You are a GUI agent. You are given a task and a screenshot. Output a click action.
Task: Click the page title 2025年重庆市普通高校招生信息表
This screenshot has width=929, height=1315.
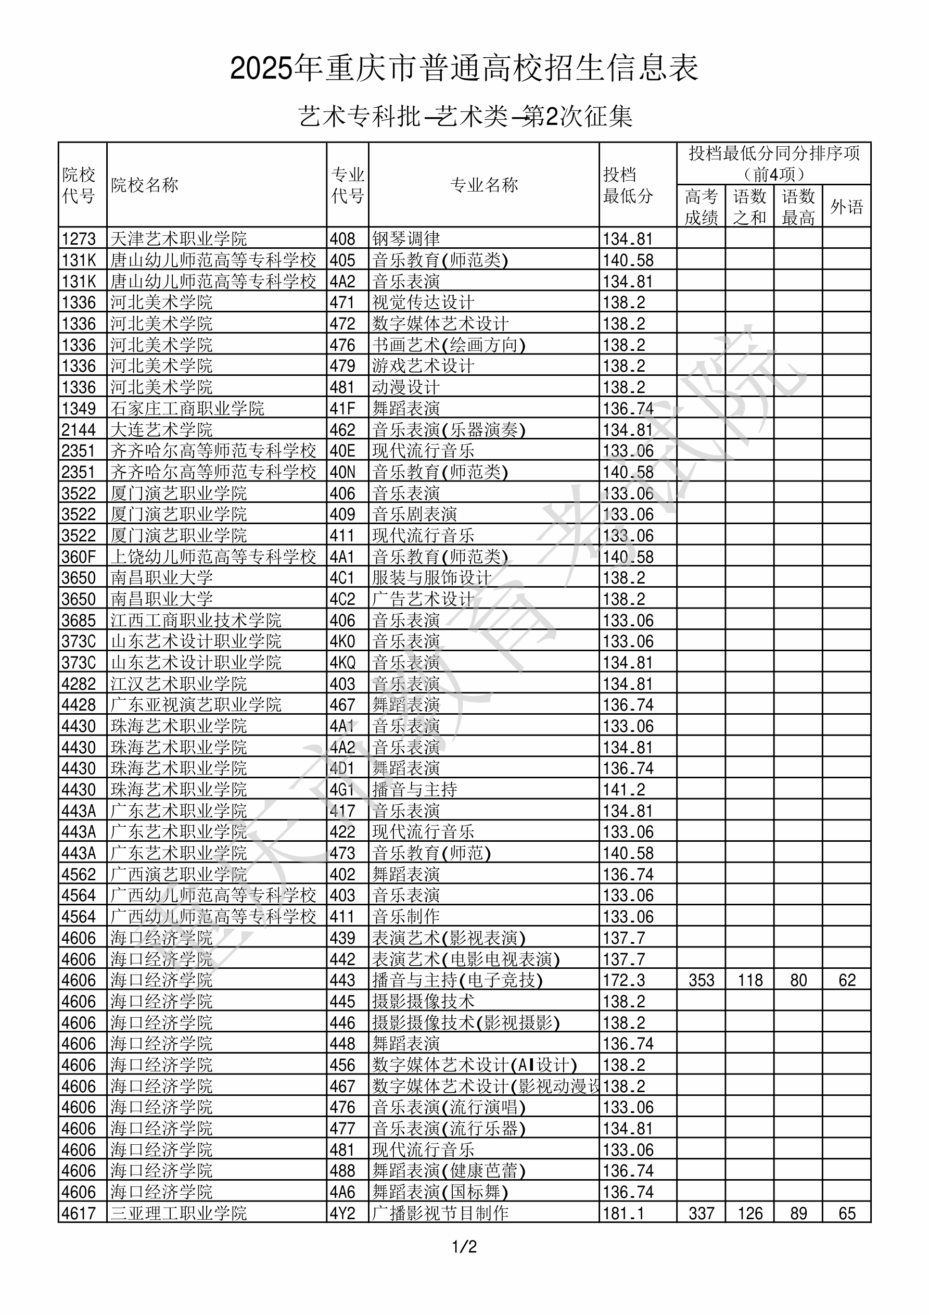464,69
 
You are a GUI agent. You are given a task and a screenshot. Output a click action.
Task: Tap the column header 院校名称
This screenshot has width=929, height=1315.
144,185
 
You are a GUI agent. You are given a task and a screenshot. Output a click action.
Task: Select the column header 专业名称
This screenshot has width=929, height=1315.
484,185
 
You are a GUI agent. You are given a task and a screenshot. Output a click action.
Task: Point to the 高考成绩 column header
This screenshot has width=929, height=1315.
701,207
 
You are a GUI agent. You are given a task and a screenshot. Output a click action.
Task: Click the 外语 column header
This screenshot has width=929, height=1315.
847,207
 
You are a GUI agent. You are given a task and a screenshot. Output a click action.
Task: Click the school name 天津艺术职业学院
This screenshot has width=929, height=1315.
178,239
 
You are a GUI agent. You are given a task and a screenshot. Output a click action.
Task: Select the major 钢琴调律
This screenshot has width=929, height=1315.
405,239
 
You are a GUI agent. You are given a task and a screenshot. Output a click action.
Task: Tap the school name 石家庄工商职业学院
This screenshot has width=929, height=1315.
187,408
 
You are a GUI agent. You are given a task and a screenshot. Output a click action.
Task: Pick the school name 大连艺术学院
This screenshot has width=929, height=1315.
161,429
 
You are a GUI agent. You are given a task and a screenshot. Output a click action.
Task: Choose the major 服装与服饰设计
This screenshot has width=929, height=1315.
431,578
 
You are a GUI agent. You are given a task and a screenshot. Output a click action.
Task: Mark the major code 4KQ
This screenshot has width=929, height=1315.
342,663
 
